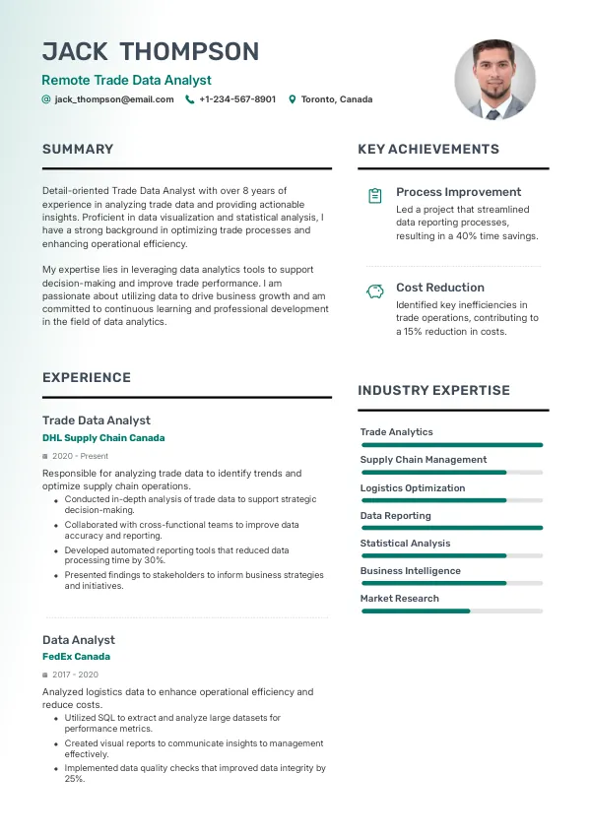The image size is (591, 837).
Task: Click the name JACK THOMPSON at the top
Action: [x=151, y=51]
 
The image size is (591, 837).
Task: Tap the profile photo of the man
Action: [x=494, y=80]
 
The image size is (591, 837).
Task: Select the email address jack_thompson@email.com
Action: [x=114, y=99]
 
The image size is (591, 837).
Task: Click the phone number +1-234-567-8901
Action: [x=237, y=99]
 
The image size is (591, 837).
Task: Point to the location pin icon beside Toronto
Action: [x=292, y=99]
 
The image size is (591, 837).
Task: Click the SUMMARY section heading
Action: [x=78, y=150]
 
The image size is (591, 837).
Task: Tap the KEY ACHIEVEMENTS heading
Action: [x=428, y=150]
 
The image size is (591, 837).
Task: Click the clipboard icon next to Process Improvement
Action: [x=374, y=196]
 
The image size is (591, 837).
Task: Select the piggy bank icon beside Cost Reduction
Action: [x=374, y=291]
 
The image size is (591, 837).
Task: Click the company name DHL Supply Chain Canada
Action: [x=103, y=438]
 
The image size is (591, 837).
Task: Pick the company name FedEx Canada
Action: [x=76, y=657]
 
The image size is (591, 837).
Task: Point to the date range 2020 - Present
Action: [x=80, y=457]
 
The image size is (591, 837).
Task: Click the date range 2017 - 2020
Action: [x=75, y=675]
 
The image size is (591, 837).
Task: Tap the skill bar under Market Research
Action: [x=452, y=612]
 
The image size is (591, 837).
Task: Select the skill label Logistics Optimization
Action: [x=413, y=488]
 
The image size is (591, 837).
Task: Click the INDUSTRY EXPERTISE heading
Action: [x=433, y=391]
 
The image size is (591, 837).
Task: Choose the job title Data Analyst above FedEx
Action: [x=79, y=640]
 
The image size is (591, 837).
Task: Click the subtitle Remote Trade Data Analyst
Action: [x=126, y=81]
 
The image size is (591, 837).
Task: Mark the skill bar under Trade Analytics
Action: [x=452, y=445]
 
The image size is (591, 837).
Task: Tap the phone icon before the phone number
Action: [x=190, y=99]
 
